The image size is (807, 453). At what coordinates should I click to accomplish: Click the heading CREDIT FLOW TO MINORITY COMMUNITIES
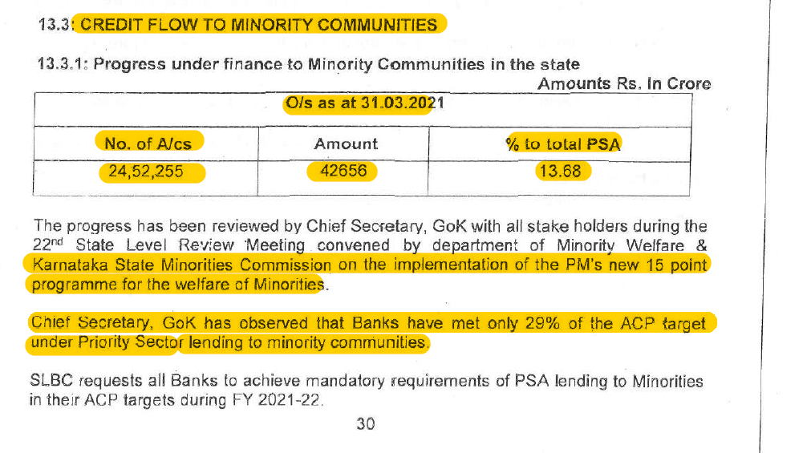[259, 24]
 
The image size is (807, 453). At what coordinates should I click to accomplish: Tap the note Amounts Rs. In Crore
[623, 83]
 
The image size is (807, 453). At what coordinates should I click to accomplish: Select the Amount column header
[346, 144]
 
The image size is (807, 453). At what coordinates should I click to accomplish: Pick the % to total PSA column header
[563, 144]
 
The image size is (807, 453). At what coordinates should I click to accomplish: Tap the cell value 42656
[342, 171]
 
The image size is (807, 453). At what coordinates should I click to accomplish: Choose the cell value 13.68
[562, 171]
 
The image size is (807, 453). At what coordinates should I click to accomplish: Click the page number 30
[366, 424]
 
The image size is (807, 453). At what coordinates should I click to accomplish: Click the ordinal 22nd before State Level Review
[47, 244]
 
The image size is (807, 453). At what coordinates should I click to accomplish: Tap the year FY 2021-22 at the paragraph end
[276, 399]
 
